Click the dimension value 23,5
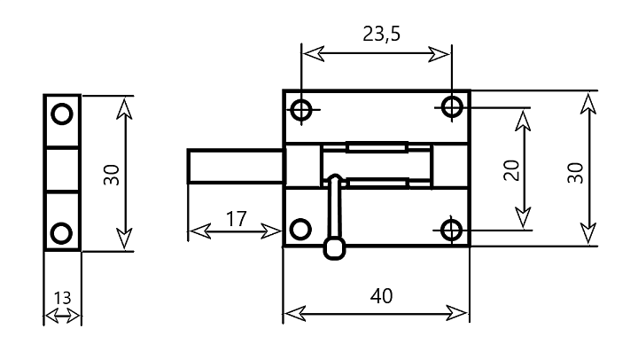(381, 34)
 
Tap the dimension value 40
(381, 296)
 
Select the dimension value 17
(236, 219)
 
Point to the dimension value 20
(511, 170)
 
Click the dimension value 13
(62, 298)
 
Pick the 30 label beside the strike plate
(111, 175)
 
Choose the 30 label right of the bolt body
(575, 173)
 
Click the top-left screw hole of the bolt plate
(301, 110)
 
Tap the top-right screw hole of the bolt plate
(452, 107)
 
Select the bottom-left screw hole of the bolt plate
(300, 229)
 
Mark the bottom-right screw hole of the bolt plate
(451, 230)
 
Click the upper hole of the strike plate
(62, 113)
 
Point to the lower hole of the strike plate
(61, 233)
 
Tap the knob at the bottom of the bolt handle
(334, 248)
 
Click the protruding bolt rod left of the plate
(236, 166)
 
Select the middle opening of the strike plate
(62, 169)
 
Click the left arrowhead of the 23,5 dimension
(314, 53)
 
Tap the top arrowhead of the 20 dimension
(523, 121)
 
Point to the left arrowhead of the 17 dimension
(200, 231)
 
